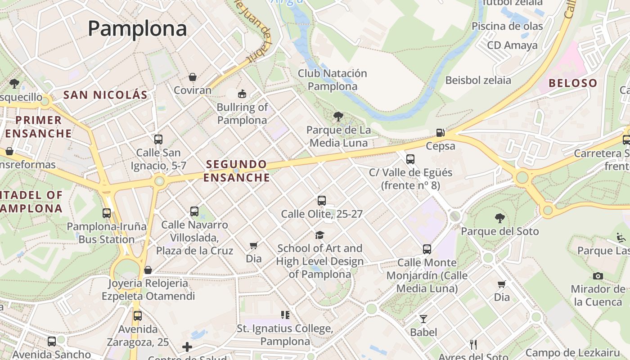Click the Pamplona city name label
[x=137, y=28]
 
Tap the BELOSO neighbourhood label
[x=573, y=83]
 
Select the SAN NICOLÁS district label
[x=105, y=95]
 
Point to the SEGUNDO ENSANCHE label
[x=236, y=171]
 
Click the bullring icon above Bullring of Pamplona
[x=242, y=94]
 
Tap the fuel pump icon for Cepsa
[x=441, y=133]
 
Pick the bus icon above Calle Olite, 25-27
[x=321, y=201]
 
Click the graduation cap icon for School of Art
[x=319, y=235]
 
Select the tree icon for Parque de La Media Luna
[x=338, y=117]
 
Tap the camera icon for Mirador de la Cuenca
[x=598, y=276]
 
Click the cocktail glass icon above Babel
[x=423, y=319]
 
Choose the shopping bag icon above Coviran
[x=193, y=77]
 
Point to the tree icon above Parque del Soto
[x=499, y=218]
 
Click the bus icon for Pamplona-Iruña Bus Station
[x=107, y=213]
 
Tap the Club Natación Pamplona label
[x=333, y=80]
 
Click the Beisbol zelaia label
[x=478, y=80]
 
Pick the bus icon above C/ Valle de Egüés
[x=410, y=159]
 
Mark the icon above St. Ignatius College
[x=285, y=315]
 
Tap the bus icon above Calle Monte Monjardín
[x=427, y=249]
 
